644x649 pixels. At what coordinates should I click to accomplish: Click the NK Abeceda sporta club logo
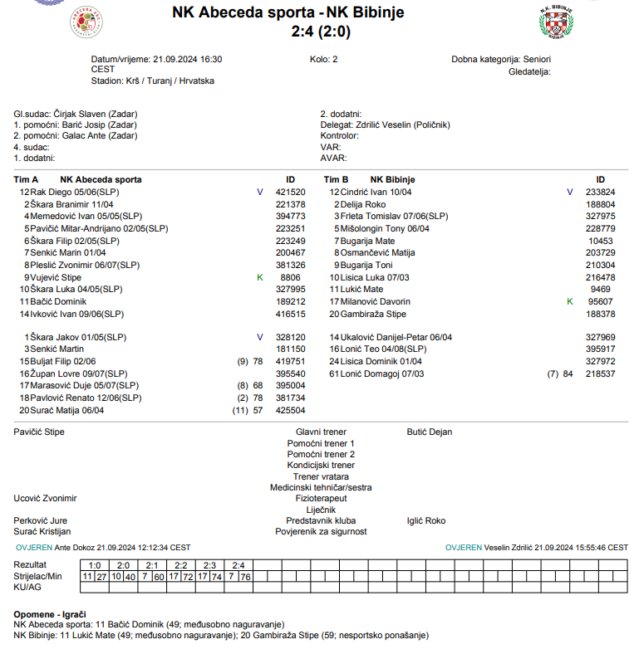coord(87,23)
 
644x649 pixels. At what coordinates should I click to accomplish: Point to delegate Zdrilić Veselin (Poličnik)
coord(396,124)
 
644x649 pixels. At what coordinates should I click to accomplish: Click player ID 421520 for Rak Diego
coord(291,192)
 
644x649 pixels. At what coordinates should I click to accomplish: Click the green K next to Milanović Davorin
coord(569,301)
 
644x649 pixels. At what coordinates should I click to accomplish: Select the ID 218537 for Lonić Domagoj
coord(600,373)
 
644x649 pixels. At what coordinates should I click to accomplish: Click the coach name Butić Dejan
coord(430,432)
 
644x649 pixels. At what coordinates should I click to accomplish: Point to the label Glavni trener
coord(321,432)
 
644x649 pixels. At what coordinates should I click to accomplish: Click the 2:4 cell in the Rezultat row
coord(238,565)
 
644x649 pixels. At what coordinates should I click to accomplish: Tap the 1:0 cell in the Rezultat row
coord(94,565)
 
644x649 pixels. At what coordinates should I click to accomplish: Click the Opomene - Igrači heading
coord(50,613)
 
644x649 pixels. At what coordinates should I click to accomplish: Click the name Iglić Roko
coord(426,520)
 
